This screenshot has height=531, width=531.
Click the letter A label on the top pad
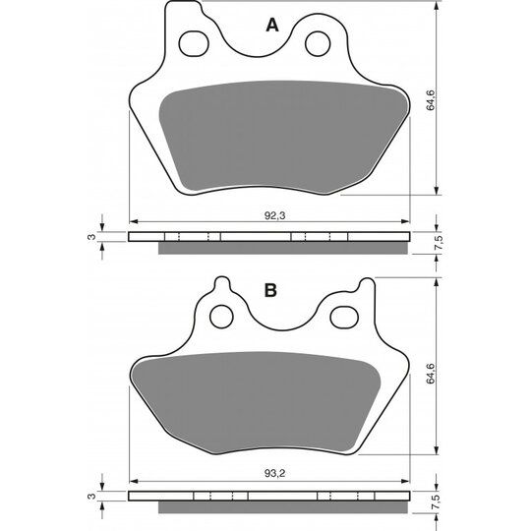272,25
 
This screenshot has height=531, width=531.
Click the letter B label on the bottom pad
270,290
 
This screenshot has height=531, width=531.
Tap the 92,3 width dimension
274,215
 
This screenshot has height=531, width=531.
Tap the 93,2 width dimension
274,473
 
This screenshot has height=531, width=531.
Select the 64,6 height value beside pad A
431,100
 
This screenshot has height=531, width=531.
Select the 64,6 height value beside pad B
431,374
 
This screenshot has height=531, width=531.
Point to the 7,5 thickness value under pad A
438,243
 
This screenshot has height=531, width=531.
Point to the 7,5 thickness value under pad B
438,502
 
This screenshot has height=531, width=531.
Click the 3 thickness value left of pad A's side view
91,237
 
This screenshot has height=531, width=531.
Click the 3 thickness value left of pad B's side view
91,497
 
